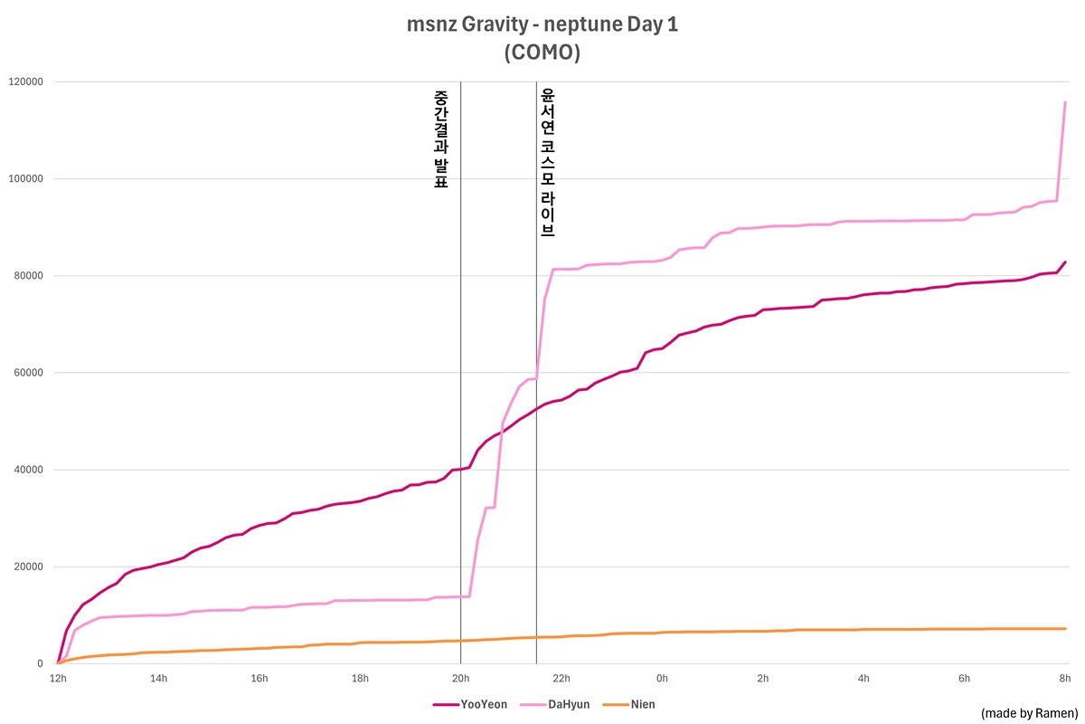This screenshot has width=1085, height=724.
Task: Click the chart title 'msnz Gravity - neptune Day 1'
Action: (542, 24)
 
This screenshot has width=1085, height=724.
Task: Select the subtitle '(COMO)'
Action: (542, 52)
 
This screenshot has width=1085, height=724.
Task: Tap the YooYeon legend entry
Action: (476, 704)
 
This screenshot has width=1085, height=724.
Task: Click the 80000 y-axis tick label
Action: (28, 276)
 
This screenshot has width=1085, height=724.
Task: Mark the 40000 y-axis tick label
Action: (28, 470)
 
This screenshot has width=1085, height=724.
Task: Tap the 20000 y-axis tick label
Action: (28, 567)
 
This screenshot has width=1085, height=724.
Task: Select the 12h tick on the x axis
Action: (58, 678)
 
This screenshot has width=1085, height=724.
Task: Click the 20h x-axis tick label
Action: (460, 678)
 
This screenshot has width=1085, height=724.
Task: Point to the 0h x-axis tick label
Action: (662, 678)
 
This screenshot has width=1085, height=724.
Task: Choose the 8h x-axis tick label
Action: (1065, 678)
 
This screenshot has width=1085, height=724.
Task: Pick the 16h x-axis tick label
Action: (259, 678)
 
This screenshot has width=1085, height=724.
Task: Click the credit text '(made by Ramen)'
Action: (1029, 713)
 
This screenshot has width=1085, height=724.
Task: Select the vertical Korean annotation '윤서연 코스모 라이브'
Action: (547, 162)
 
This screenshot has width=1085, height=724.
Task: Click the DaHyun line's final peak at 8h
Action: (1065, 102)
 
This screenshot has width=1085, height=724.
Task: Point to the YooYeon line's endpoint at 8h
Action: (1065, 262)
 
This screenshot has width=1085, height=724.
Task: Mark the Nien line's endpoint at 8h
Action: (1065, 629)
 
